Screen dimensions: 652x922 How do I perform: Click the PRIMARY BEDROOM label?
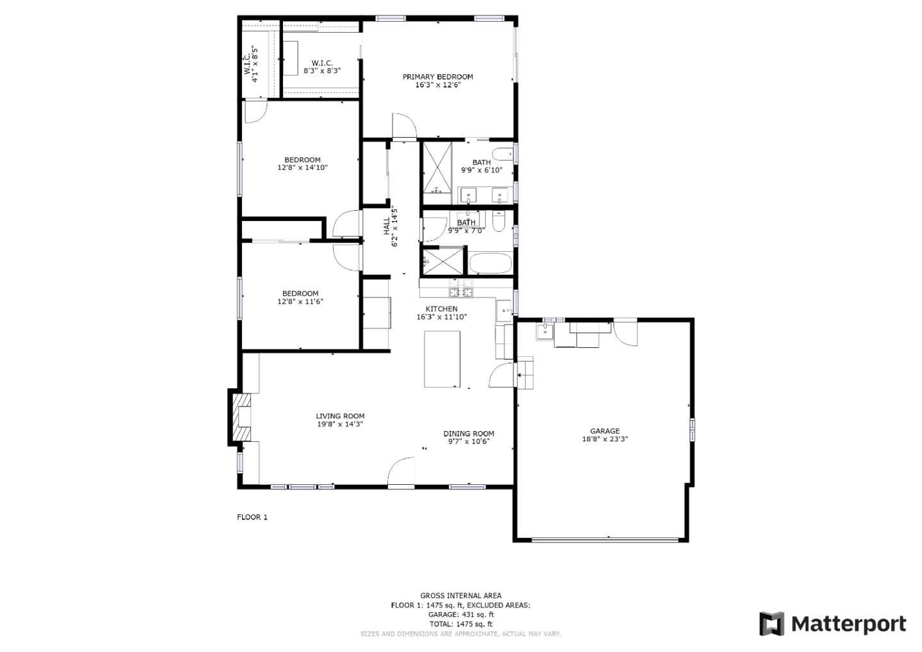437,77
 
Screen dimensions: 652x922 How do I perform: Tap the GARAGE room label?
604,431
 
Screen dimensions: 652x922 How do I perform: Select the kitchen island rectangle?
442,359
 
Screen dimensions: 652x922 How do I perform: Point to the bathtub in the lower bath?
490,263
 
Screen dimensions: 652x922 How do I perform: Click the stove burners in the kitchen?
460,292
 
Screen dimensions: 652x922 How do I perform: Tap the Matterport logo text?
848,623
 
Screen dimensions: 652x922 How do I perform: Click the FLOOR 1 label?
252,517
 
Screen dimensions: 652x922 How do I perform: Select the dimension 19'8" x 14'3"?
340,424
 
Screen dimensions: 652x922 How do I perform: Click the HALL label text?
387,225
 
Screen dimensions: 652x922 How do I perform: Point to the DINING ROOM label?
469,434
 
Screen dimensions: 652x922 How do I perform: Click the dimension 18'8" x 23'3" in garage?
604,439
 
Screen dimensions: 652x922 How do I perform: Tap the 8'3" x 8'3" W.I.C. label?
322,67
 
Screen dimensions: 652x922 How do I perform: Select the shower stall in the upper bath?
437,168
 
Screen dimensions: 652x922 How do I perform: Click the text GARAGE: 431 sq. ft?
460,614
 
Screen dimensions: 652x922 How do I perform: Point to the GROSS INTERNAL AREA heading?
460,596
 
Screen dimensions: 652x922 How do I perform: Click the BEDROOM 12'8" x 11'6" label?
300,297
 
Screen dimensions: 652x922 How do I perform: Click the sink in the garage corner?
545,331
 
